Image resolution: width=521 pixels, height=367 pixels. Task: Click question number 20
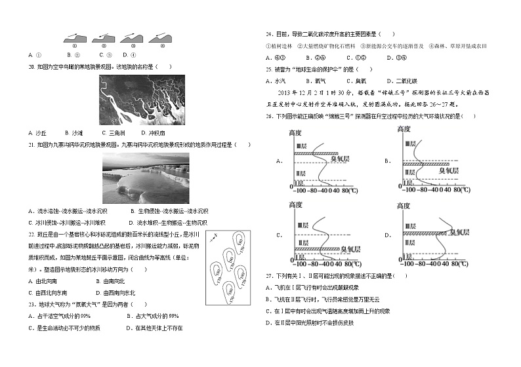point(31,66)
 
